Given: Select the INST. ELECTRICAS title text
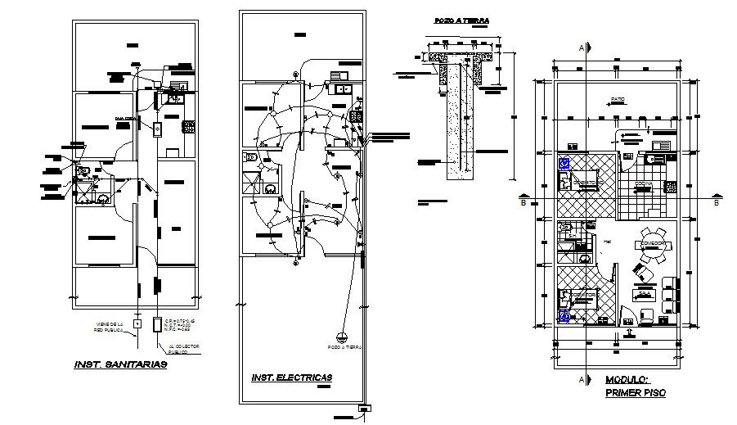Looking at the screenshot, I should (290, 378).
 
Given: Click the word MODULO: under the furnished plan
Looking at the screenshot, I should (627, 380).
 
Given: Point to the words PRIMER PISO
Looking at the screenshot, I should (636, 393).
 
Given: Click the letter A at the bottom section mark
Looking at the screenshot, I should (582, 380).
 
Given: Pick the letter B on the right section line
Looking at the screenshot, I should (716, 202).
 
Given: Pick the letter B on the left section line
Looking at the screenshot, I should (523, 202).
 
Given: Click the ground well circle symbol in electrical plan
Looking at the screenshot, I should (344, 336).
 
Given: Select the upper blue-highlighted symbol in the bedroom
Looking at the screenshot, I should (564, 163).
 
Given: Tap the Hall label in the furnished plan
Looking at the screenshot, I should (607, 242).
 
